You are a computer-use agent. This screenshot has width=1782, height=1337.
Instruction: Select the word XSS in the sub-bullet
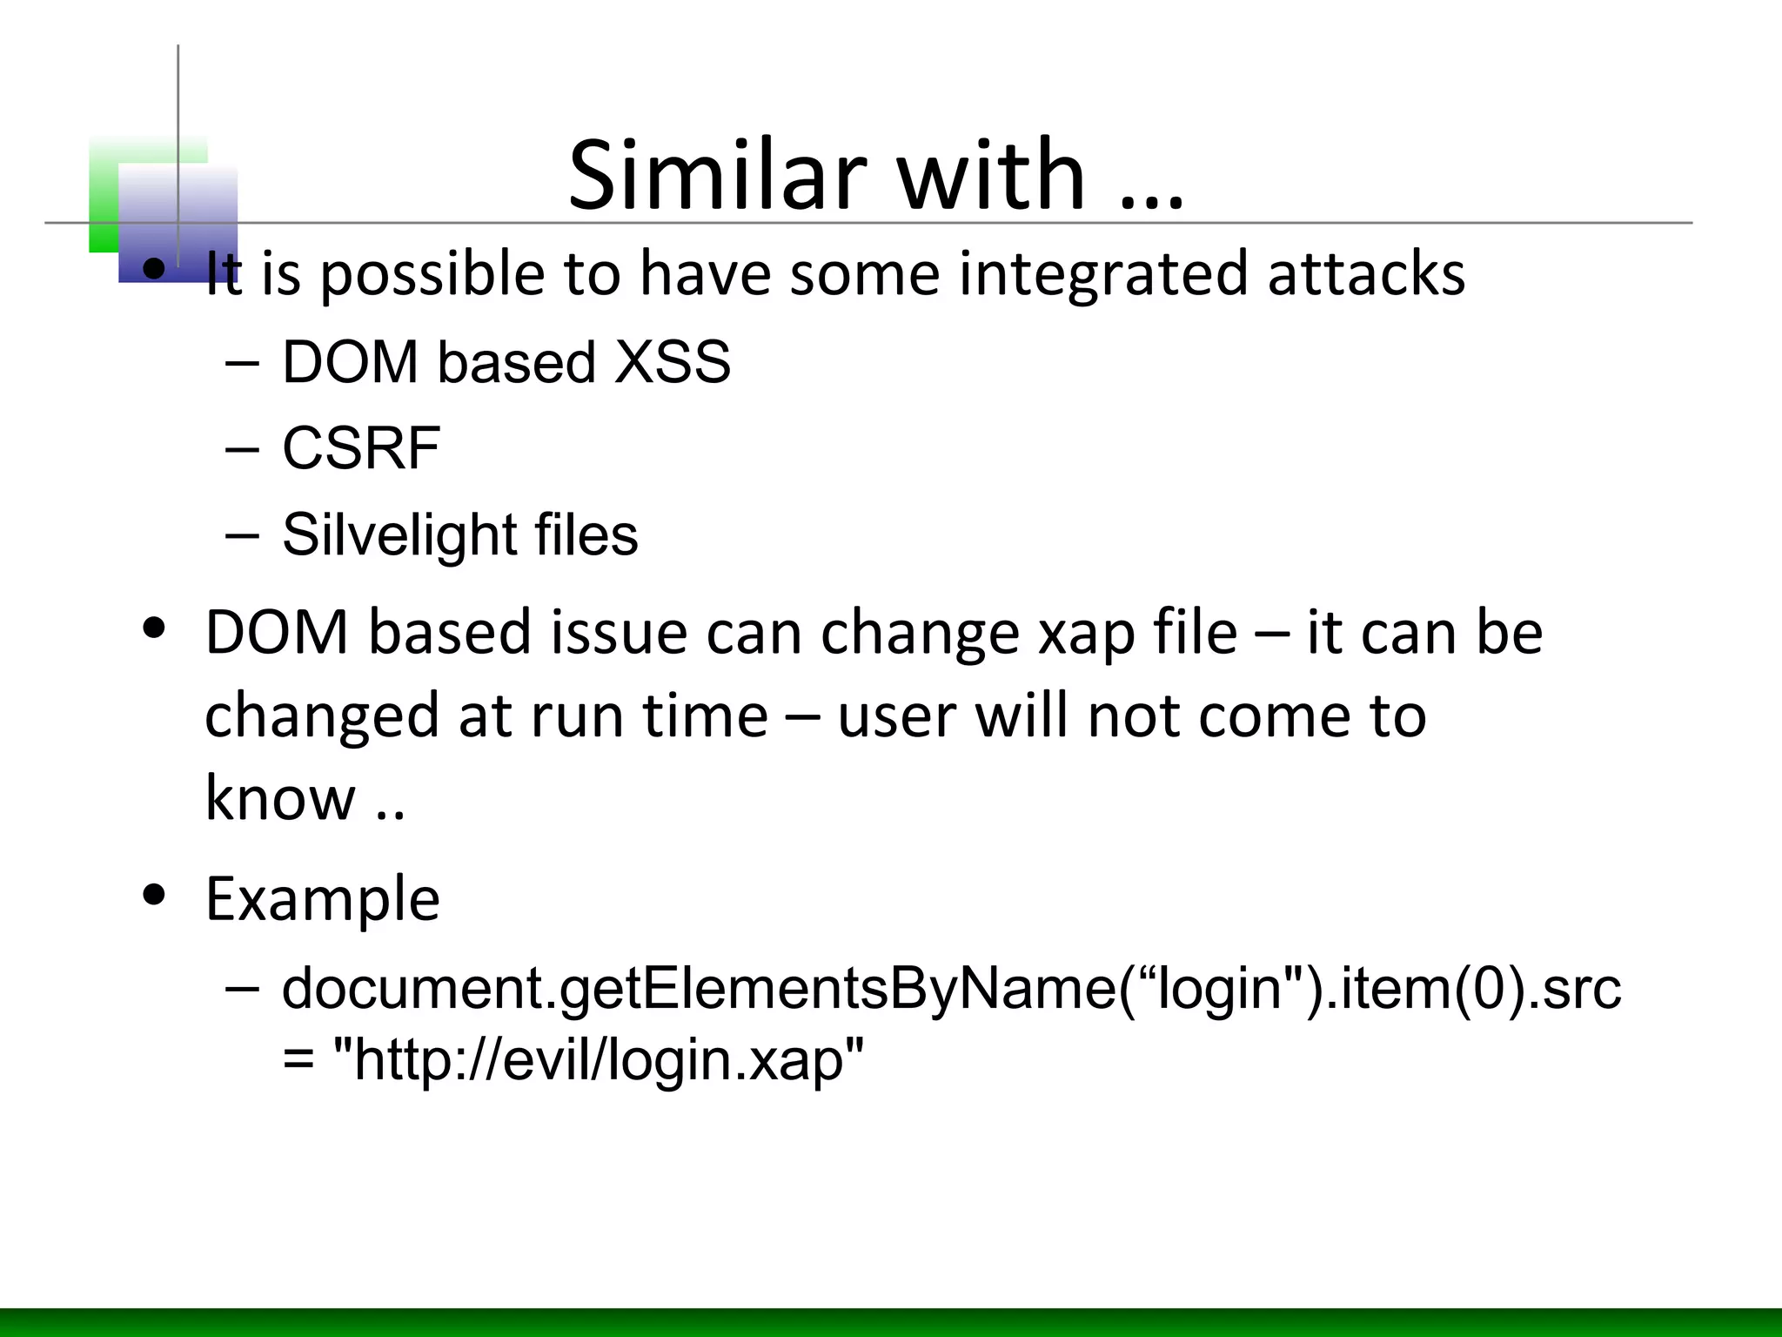click(x=672, y=362)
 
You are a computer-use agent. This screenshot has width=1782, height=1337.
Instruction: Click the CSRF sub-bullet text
click(x=361, y=448)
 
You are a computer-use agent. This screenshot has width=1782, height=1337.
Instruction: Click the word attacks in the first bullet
click(x=1366, y=273)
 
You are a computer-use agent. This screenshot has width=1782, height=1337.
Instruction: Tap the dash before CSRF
click(x=241, y=448)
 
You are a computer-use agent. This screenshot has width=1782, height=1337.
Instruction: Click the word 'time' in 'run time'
click(x=705, y=716)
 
